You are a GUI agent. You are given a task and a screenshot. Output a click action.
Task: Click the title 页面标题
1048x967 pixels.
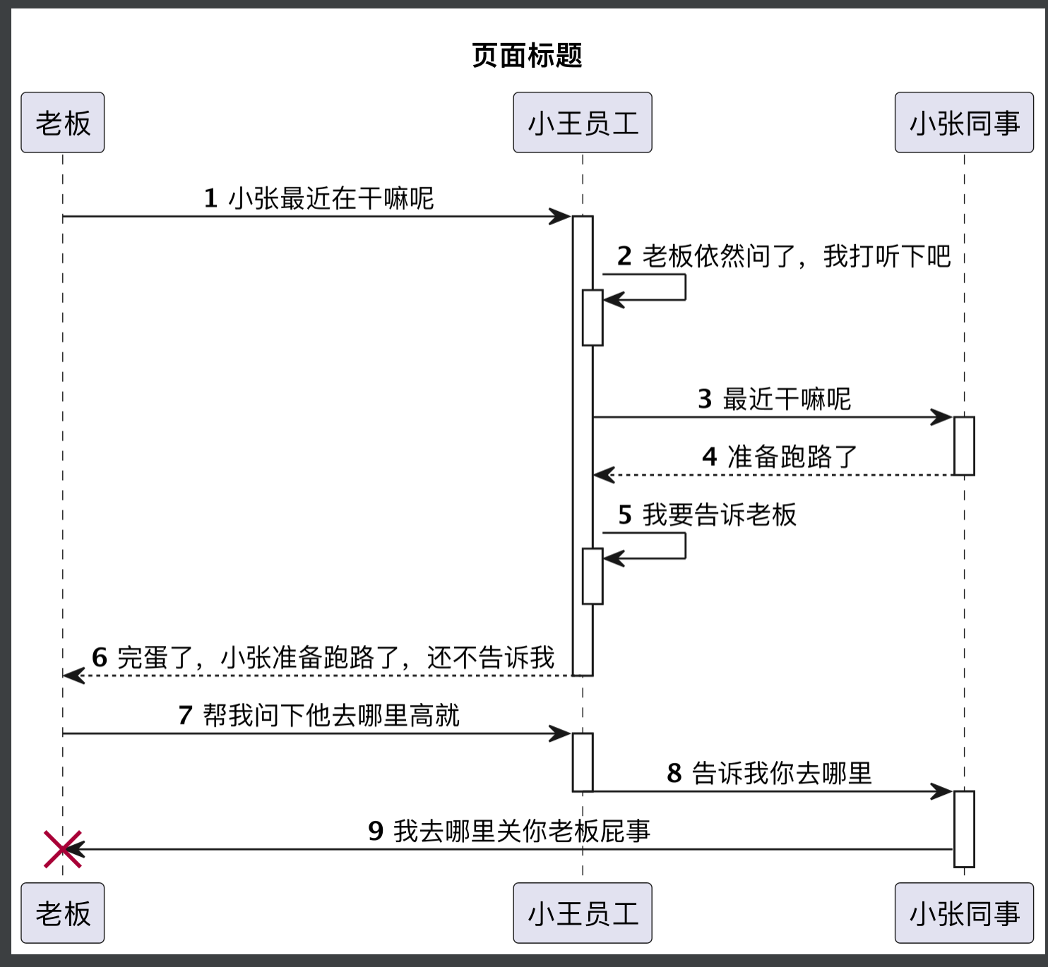pyautogui.click(x=527, y=55)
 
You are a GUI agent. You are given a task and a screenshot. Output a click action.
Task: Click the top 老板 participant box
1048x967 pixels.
pyautogui.click(x=63, y=123)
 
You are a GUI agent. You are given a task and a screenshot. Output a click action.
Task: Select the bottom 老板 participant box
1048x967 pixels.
pyautogui.click(x=63, y=913)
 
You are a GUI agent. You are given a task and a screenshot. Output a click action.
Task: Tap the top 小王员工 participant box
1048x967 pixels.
pyautogui.click(x=583, y=123)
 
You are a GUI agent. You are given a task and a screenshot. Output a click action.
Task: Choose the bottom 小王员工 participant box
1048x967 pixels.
pyautogui.click(x=583, y=913)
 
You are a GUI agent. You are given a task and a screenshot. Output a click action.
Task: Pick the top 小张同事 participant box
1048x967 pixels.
pyautogui.click(x=964, y=123)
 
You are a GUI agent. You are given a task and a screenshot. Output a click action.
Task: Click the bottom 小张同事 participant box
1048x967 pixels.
pyautogui.click(x=964, y=913)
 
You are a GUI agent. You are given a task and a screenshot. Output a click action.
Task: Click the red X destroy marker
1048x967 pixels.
pyautogui.click(x=63, y=849)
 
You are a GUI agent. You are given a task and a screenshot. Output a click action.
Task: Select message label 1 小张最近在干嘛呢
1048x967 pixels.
pyautogui.click(x=318, y=198)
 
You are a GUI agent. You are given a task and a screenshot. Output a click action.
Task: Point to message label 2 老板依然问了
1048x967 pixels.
pyautogui.click(x=784, y=256)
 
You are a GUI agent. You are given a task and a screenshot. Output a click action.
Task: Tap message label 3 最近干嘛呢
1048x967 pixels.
pyautogui.click(x=774, y=399)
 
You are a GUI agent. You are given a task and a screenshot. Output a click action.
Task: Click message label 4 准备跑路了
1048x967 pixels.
pyautogui.click(x=780, y=457)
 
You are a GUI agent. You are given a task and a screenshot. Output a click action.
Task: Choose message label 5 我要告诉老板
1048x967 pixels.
pyautogui.click(x=707, y=515)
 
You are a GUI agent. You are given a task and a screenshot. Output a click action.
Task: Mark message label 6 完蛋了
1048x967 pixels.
pyautogui.click(x=323, y=657)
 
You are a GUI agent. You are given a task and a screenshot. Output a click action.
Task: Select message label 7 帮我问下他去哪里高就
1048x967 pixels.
pyautogui.click(x=318, y=715)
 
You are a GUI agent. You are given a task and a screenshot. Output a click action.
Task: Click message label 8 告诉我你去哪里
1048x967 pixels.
pyautogui.click(x=769, y=773)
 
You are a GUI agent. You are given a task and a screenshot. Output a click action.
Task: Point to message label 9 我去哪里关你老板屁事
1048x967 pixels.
pyautogui.click(x=508, y=831)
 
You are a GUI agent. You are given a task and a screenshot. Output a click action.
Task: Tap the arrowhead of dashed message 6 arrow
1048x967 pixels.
pyautogui.click(x=73, y=675)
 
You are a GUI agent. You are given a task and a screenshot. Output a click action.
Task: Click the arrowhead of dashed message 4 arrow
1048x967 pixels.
pyautogui.click(x=603, y=475)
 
